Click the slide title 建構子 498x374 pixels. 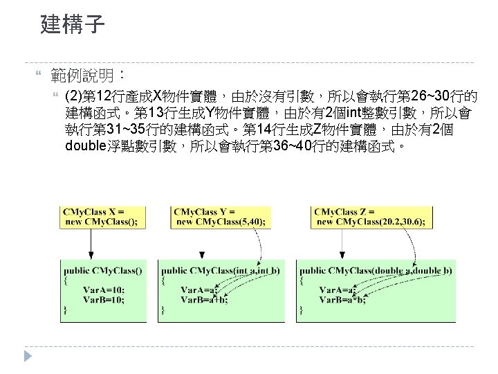[x=73, y=26]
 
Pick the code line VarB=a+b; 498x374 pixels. [x=204, y=299]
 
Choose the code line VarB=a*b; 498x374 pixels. [x=342, y=299]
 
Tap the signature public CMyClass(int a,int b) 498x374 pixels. [x=221, y=271]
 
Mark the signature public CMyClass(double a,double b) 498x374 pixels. [x=376, y=271]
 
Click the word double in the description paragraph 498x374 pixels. [x=86, y=146]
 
